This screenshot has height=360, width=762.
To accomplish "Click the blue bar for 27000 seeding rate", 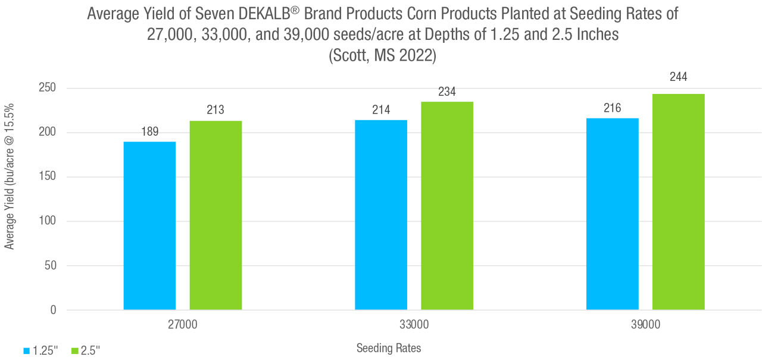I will (149, 226).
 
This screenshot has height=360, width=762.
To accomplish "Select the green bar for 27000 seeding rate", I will (216, 215).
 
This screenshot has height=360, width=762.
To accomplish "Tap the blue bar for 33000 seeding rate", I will (381, 215).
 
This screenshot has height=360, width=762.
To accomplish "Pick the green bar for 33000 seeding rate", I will (447, 206).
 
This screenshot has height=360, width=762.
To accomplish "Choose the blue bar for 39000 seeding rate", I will (612, 214).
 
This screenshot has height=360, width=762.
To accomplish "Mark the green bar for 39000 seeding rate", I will (678, 202).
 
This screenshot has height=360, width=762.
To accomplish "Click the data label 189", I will (150, 132).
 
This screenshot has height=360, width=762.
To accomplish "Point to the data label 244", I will (678, 77).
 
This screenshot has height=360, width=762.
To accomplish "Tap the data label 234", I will (447, 92).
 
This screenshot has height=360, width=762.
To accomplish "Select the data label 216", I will (612, 108).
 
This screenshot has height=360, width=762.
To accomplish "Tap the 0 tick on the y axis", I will (53, 310).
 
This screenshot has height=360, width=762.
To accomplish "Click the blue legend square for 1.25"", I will (27, 350).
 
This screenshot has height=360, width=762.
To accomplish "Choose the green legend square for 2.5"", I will (75, 350).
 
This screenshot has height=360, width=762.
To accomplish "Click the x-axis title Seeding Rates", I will (388, 348).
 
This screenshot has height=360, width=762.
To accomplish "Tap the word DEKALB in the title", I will (266, 14).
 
